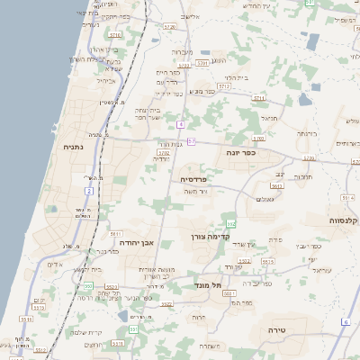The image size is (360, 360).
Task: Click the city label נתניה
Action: point(74,147)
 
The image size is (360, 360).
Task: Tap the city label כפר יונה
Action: point(241,153)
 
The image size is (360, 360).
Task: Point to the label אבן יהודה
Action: point(138,242)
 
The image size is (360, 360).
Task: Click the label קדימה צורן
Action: point(206,237)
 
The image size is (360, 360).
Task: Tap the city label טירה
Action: point(276,330)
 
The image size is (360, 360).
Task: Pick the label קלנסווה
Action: point(345,220)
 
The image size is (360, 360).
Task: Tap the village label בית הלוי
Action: point(235,77)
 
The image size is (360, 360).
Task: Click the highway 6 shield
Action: point(346,321)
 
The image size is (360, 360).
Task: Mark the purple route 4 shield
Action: point(181,123)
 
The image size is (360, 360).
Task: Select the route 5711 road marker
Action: point(259,97)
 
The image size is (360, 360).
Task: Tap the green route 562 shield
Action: point(230,223)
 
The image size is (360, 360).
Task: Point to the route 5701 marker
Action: point(201,64)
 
